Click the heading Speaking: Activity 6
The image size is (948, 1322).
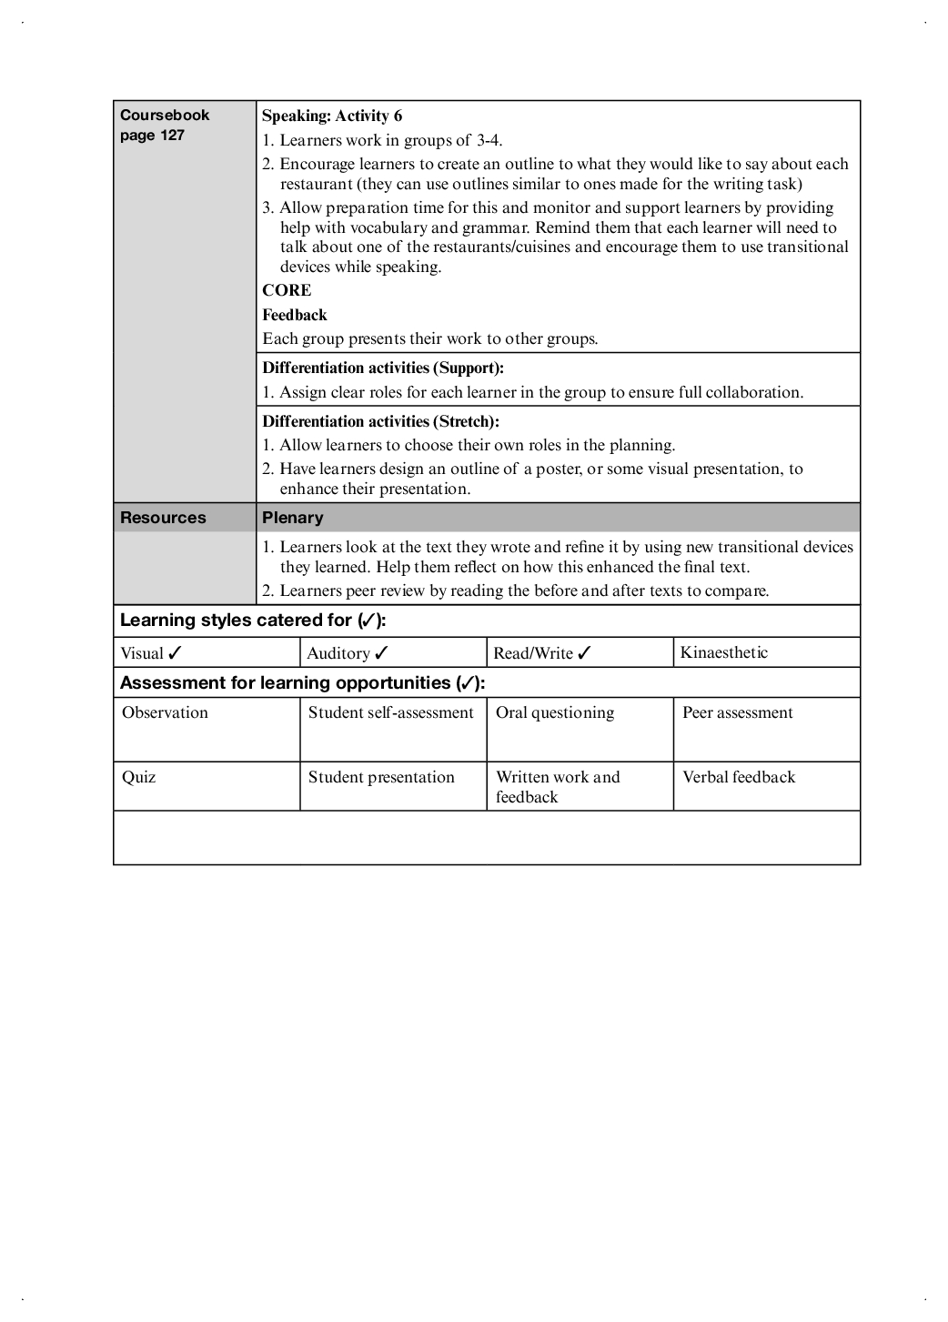pos(332,116)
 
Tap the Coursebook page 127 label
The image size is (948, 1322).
pos(165,125)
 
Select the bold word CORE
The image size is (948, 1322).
pos(287,290)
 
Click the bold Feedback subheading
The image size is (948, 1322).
pos(295,315)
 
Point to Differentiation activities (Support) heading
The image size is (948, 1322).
pos(383,368)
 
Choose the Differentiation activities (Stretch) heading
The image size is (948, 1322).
pos(380,421)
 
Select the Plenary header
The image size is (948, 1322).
pos(292,518)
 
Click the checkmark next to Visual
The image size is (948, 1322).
pos(176,652)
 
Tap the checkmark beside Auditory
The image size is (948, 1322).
pos(382,652)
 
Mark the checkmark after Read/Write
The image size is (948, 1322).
pos(584,652)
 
